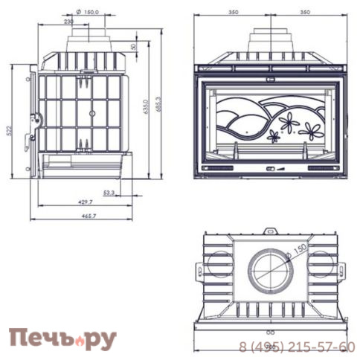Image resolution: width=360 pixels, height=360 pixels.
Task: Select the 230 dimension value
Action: pos(69,22)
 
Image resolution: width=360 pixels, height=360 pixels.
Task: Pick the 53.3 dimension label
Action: pos(109,192)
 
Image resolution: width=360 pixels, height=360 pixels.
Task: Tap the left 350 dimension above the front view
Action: pos(234,13)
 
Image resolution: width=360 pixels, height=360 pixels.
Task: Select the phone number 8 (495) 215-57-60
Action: pos(298,347)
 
